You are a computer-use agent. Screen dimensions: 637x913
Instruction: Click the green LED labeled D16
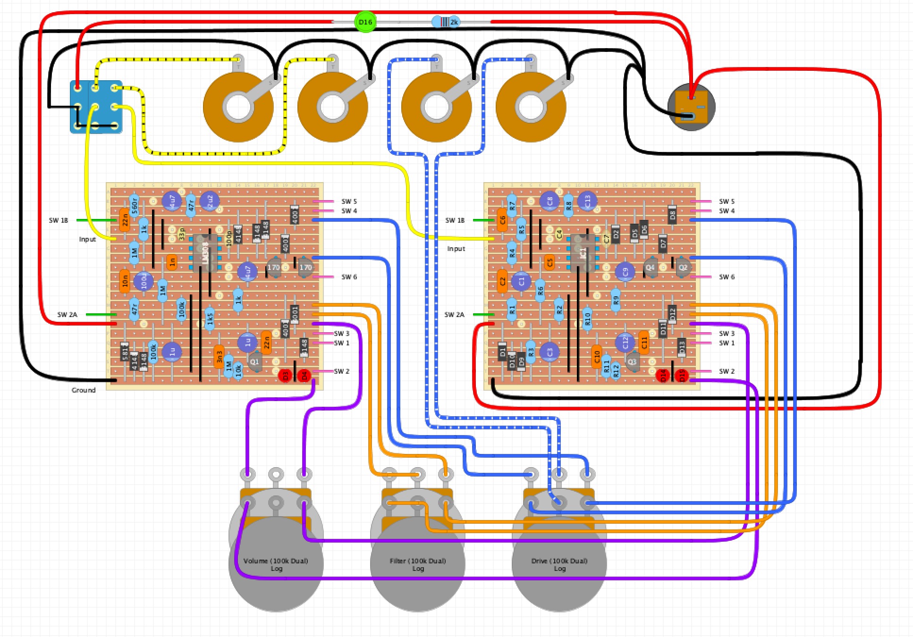365,22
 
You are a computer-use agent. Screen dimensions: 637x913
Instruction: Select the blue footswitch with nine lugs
96,107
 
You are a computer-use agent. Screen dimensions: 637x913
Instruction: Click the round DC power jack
691,107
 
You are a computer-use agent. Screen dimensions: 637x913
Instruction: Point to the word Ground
84,390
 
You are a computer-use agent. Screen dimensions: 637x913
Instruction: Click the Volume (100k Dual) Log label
276,564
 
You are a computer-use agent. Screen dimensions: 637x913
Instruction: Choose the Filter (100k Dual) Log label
417,564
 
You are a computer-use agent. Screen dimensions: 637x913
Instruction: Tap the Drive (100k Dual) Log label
559,564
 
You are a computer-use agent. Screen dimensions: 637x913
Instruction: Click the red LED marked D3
285,376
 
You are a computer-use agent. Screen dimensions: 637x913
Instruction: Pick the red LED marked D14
663,376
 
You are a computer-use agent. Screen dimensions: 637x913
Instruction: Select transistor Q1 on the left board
255,362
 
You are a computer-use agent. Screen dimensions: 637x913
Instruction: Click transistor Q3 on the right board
632,362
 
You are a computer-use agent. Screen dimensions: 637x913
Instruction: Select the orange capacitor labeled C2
502,281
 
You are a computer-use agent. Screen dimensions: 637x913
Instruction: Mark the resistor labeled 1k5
210,319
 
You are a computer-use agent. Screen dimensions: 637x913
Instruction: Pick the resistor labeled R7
512,206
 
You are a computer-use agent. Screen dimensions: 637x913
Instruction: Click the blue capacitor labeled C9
625,272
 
